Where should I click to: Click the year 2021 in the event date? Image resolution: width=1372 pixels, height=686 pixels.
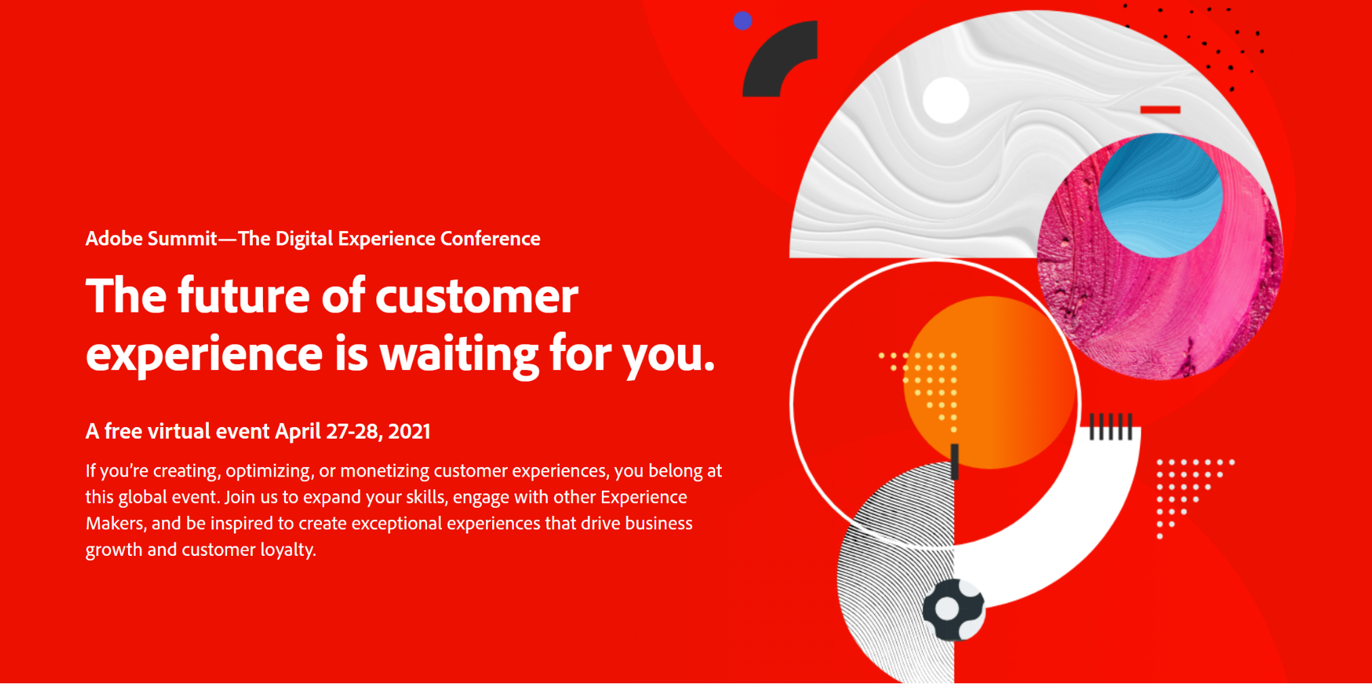coord(409,431)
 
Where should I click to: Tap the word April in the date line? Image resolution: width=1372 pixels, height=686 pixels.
coord(298,432)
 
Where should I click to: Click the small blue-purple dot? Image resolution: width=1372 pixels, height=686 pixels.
coord(743,21)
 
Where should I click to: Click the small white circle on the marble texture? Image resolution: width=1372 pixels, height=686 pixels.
coord(946,100)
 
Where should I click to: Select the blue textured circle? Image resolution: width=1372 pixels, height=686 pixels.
coord(1161,195)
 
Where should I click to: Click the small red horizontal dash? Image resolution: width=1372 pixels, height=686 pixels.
coord(1161,109)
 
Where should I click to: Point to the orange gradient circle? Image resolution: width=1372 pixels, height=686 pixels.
coord(990,382)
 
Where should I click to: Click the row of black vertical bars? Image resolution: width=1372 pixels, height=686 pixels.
coord(1111,426)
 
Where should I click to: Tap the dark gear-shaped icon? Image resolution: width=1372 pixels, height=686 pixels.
coord(954,609)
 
